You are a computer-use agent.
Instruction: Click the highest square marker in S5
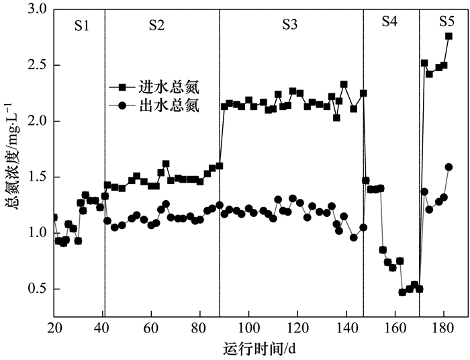tap(449, 36)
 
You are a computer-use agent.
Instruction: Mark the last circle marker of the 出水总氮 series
tap(449, 167)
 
